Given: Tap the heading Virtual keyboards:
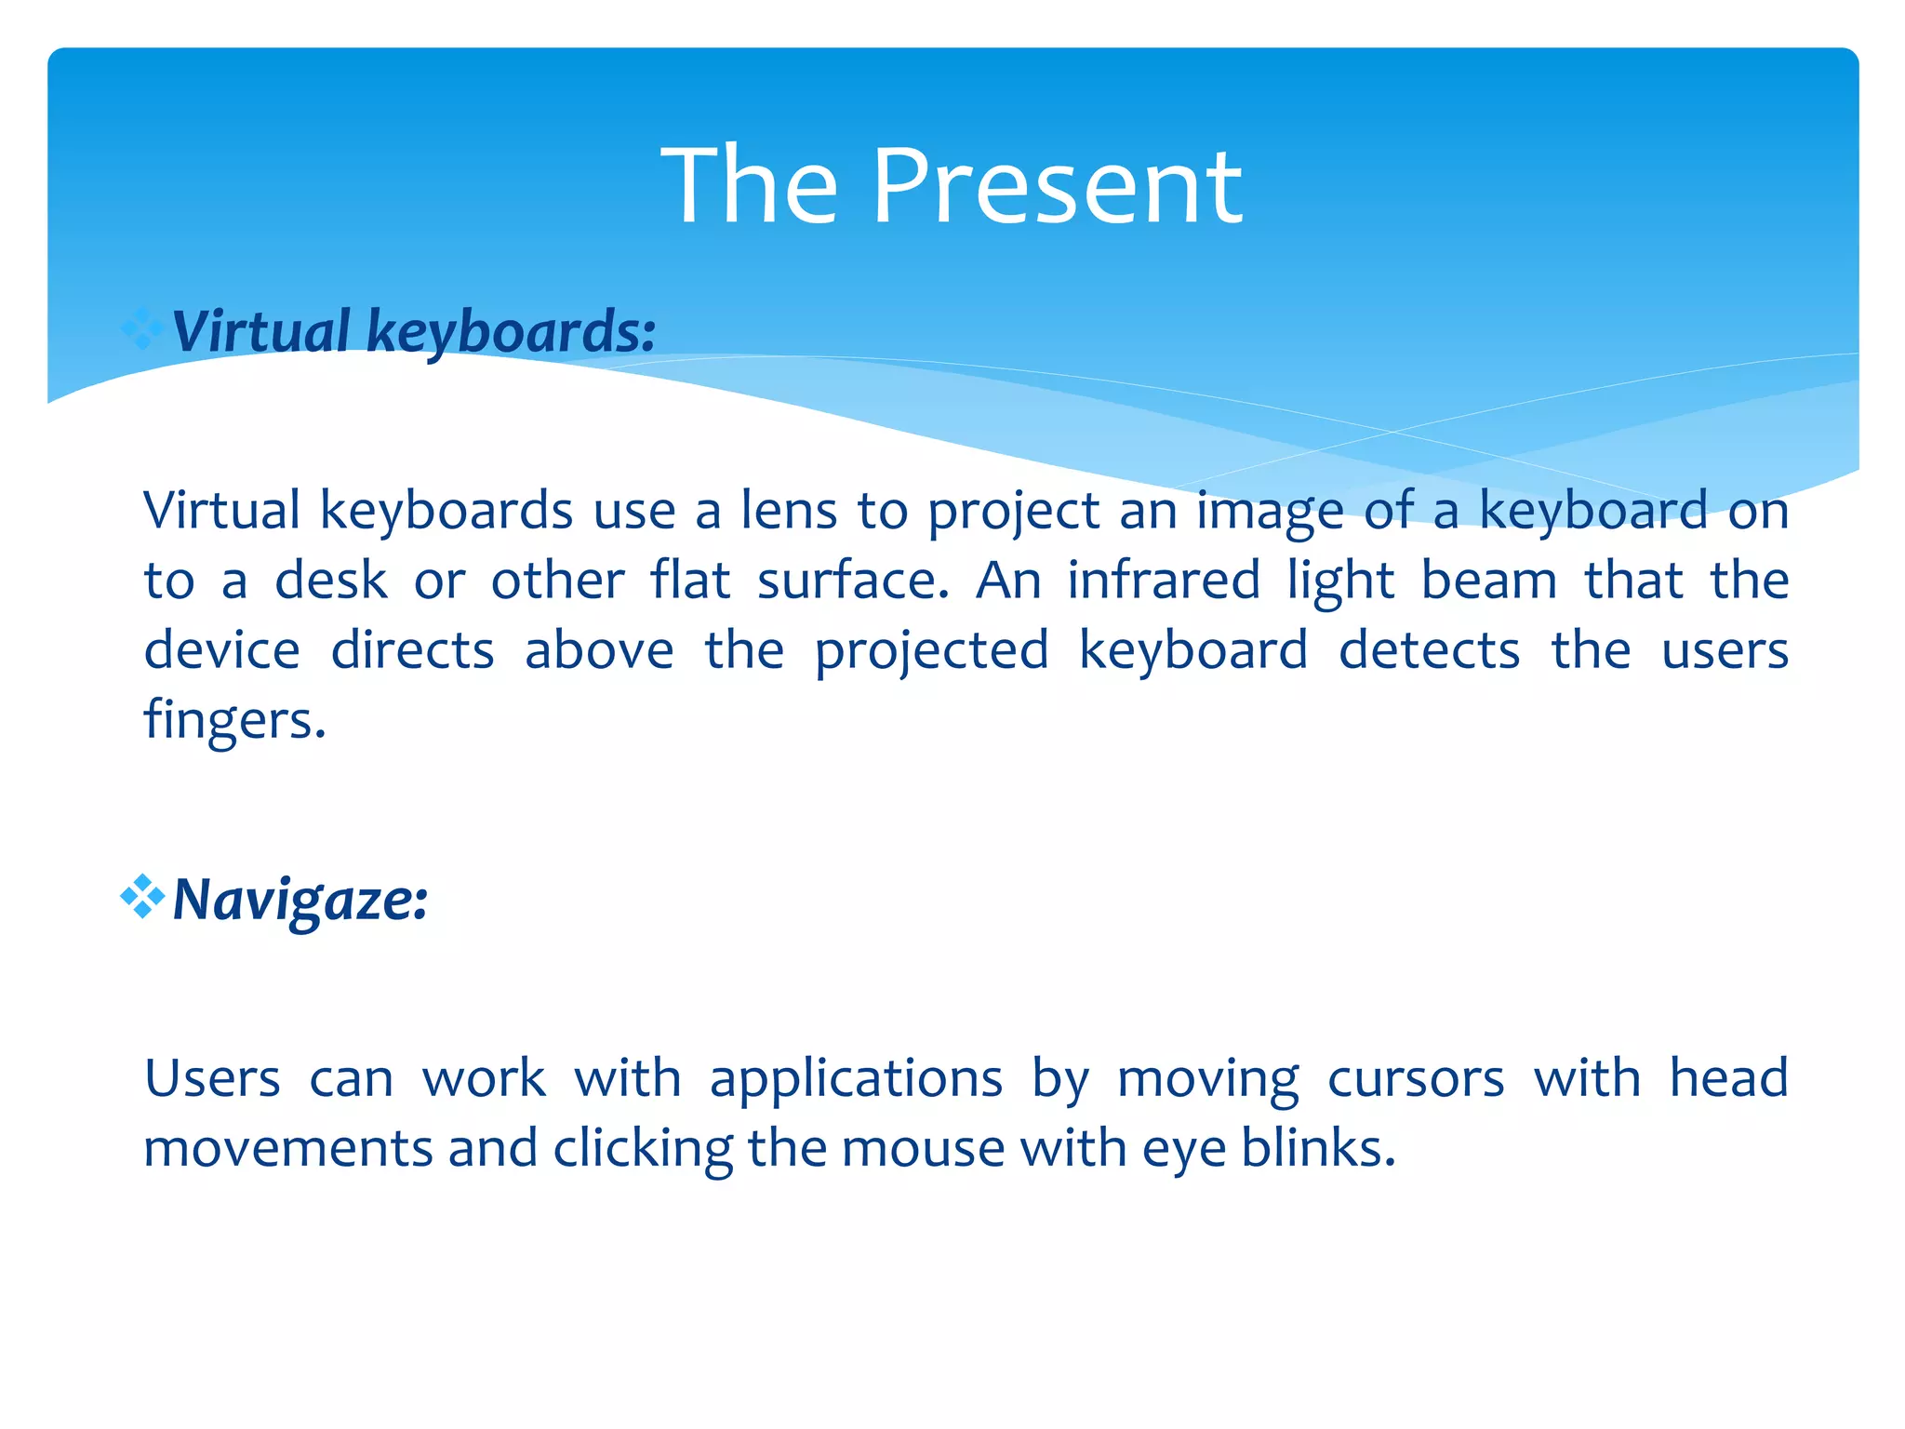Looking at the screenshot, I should (x=414, y=331).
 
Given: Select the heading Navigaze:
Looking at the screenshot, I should (x=300, y=901).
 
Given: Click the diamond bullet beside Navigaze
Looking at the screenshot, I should (x=142, y=897).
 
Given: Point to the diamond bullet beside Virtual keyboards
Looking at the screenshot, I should (x=142, y=328).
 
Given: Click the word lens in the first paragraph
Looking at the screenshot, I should (x=789, y=511).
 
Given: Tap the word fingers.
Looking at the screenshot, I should (x=234, y=720).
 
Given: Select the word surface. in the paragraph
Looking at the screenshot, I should (x=852, y=581).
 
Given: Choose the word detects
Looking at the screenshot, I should (x=1429, y=650).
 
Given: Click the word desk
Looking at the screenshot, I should (x=330, y=581).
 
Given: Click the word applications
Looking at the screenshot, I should (x=856, y=1080).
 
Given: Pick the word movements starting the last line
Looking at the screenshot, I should (x=287, y=1148).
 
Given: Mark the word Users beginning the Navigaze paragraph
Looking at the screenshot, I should (x=212, y=1079).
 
